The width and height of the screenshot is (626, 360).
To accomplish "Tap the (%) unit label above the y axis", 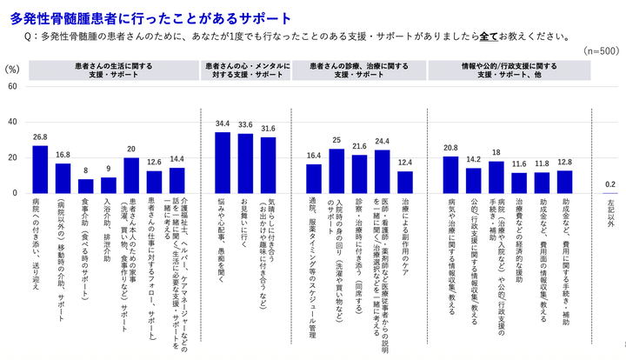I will (x=11, y=68).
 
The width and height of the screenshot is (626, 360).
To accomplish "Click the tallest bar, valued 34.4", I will (x=223, y=162).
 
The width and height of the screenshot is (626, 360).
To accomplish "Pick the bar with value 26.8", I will (x=40, y=169).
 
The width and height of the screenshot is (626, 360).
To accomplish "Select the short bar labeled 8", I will (x=85, y=185).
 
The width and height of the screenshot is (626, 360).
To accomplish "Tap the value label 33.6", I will (x=245, y=124).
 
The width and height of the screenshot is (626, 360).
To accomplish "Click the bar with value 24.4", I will (x=381, y=170).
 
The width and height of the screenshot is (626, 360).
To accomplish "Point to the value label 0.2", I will (x=610, y=183).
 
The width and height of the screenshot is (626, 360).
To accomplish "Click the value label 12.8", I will (x=564, y=163).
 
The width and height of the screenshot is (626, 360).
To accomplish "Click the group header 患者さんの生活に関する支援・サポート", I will (x=110, y=70).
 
